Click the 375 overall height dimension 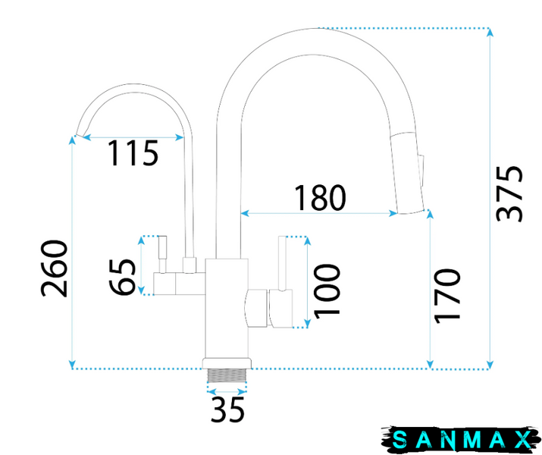coord(509,193)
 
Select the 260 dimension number coord(54,268)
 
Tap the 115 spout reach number coord(133,153)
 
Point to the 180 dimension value coord(320,197)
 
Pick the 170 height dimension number coord(448,296)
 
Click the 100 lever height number coord(327,290)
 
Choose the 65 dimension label coord(122,277)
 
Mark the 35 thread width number coord(227,409)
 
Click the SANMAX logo coord(461,440)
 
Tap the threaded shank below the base coord(227,375)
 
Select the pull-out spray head coord(406,172)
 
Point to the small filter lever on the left coord(162,254)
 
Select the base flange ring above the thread coord(227,363)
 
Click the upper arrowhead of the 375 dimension coord(490,32)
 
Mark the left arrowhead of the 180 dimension coord(245,213)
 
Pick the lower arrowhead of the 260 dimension coord(72,365)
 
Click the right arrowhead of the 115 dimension coord(180,137)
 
